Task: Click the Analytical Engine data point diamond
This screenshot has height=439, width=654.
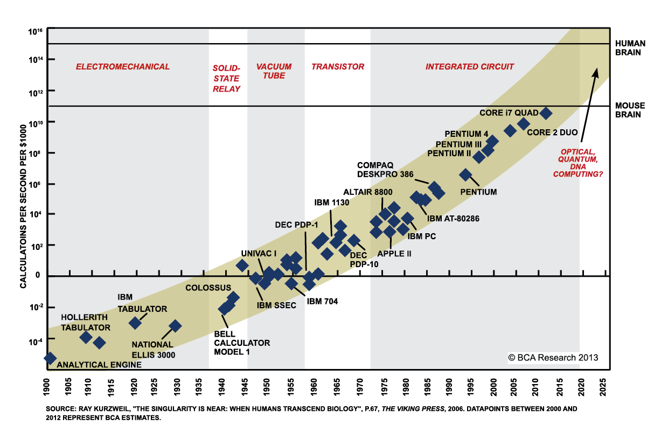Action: pos(50,358)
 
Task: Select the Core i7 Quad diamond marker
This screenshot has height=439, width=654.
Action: pos(545,113)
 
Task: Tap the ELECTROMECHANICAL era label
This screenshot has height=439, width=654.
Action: pos(122,67)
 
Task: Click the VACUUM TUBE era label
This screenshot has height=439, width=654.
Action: pos(274,71)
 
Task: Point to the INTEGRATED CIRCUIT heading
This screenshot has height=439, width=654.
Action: pos(470,67)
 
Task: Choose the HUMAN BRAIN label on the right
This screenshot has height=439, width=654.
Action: pos(628,48)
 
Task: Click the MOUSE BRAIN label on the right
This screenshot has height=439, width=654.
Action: pos(628,110)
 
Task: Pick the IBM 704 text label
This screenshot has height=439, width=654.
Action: pos(322,302)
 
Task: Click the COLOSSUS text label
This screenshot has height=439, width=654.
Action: pos(208,288)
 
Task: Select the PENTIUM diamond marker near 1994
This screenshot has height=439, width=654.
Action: pos(465,175)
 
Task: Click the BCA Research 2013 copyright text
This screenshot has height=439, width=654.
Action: pos(553,357)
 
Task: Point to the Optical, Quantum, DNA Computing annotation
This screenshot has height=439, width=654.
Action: pos(580,163)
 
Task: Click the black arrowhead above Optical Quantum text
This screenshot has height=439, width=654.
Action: pos(596,72)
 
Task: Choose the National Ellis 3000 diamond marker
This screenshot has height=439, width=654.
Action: pos(175,326)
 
